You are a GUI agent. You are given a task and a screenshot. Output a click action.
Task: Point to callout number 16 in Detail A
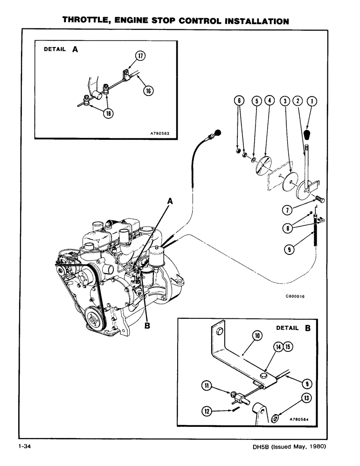click(147, 91)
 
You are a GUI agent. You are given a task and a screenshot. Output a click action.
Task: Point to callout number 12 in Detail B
click(208, 410)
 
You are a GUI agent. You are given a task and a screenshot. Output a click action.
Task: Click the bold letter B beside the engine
click(148, 326)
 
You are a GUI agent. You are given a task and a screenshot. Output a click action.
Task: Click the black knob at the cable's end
click(217, 134)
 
